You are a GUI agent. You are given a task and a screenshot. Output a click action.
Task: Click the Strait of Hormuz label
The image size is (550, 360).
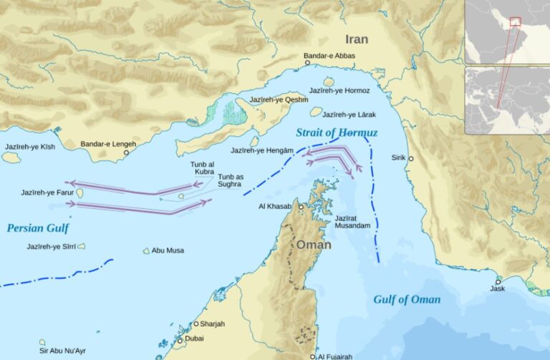337,132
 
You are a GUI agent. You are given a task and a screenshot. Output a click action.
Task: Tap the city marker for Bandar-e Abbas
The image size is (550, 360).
308,63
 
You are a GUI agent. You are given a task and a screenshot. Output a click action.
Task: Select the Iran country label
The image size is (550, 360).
357,39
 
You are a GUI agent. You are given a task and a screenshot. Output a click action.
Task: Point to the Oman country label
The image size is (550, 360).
314,245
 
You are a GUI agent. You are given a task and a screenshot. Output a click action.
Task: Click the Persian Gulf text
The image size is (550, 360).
38,228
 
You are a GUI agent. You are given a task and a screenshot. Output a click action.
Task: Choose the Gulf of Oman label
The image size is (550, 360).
407,299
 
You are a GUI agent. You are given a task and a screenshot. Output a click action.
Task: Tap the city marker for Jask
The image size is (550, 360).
498,281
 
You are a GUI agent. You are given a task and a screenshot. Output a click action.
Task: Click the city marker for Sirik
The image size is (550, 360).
410,158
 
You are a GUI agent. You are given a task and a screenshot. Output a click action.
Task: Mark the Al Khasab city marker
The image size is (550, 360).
301,207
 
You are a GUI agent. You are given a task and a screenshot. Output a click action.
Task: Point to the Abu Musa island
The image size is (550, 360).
146,250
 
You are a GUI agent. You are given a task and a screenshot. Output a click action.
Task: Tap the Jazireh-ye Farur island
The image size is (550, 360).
79,193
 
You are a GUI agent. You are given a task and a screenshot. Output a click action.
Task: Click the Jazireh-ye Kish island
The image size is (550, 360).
11,157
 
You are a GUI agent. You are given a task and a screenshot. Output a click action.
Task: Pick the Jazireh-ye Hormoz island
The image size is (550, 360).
329,82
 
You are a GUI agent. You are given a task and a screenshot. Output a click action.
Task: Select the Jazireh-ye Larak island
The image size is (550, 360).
316,112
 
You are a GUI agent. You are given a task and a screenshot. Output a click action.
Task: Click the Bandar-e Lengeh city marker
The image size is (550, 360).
127,152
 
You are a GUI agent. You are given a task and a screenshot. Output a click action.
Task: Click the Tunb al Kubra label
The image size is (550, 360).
202,168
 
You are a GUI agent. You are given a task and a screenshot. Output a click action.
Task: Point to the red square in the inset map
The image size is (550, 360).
515,22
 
